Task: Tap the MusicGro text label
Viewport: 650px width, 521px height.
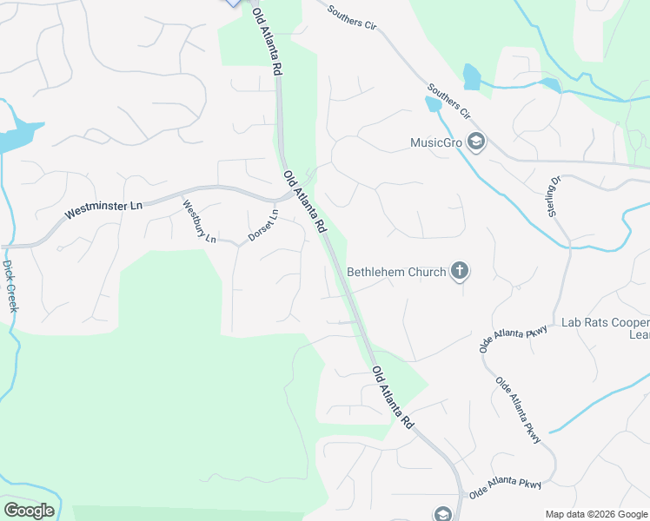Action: pyautogui.click(x=436, y=142)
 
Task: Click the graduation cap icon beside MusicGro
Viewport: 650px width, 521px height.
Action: pyautogui.click(x=475, y=142)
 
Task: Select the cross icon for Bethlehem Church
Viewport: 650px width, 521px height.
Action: pyautogui.click(x=460, y=272)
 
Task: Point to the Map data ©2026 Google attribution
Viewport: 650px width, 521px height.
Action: pyautogui.click(x=596, y=514)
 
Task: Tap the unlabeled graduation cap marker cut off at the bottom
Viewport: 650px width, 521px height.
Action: pyautogui.click(x=443, y=514)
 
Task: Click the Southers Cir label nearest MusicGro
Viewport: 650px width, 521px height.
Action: pyautogui.click(x=448, y=102)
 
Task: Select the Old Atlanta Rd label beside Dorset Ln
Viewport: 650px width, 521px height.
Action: pyautogui.click(x=304, y=201)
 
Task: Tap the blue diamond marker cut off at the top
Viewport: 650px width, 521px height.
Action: pyautogui.click(x=233, y=3)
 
